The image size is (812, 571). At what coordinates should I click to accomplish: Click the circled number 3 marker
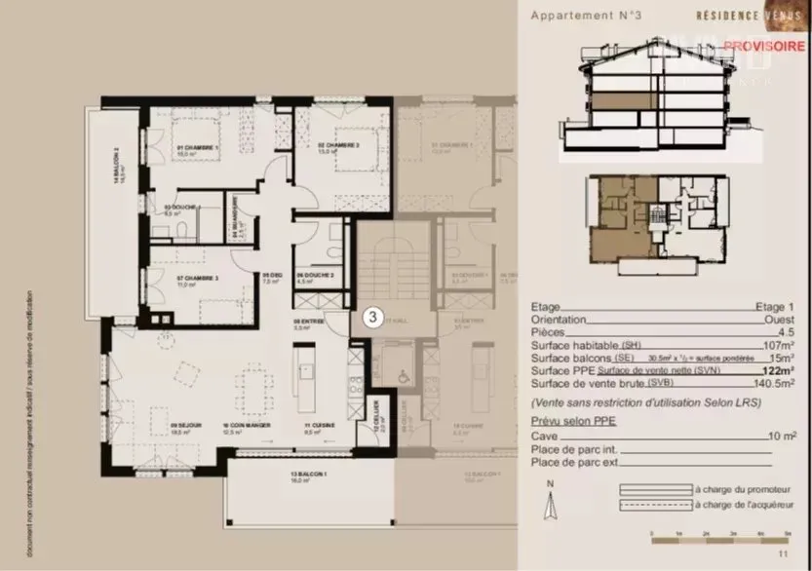pyautogui.click(x=371, y=317)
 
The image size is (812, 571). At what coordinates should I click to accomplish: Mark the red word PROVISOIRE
pyautogui.click(x=763, y=46)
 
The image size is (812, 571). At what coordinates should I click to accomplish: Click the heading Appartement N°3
pyautogui.click(x=593, y=15)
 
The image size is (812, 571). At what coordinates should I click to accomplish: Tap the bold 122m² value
pyautogui.click(x=780, y=371)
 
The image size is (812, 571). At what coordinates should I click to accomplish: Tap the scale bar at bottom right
pyautogui.click(x=718, y=535)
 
